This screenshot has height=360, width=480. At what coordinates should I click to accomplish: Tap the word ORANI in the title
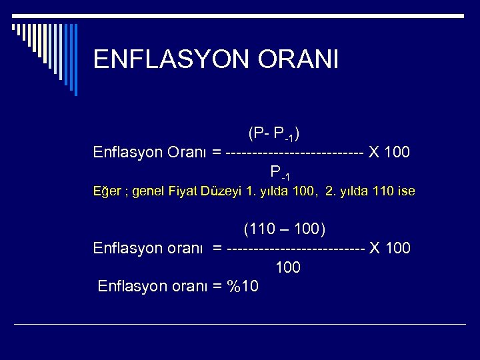(x=304, y=59)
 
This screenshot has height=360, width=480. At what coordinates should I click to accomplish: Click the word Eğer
(x=107, y=191)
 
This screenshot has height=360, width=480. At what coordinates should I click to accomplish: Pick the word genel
(x=151, y=191)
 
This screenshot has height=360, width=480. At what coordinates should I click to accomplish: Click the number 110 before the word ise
(x=383, y=191)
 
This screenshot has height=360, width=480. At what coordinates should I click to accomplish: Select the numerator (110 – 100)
(x=285, y=230)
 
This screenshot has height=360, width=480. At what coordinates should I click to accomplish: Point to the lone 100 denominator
(x=287, y=268)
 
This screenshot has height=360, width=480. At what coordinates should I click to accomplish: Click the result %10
(x=243, y=287)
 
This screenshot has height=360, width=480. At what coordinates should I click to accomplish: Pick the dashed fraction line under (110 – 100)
(x=295, y=249)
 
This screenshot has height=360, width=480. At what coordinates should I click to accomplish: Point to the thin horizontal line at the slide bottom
(x=240, y=324)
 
